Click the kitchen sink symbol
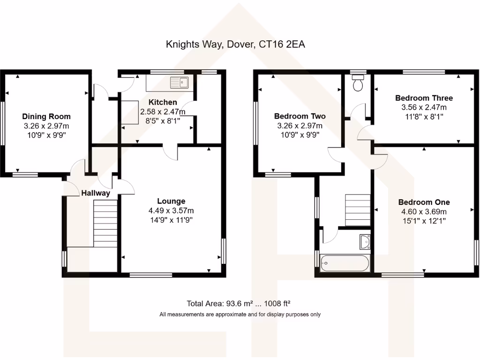point(179,82)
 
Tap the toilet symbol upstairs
point(359,84)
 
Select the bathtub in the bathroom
point(345,262)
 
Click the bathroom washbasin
point(365,241)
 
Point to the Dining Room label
point(46,117)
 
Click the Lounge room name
point(171,201)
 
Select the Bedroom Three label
point(424,98)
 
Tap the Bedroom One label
point(424,202)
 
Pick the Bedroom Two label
point(300,116)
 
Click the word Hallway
point(96,193)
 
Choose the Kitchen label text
point(163,102)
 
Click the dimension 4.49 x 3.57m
point(171,210)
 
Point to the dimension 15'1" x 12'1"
point(424,220)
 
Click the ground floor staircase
point(105,223)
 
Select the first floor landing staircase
point(358,210)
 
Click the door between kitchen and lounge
point(171,151)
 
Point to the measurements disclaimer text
point(240,315)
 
